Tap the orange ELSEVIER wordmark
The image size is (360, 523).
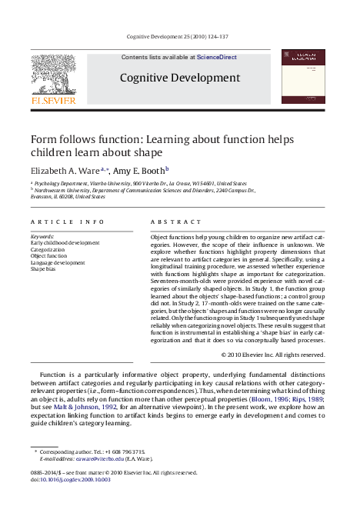(53, 100)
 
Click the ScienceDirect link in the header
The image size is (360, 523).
(217, 57)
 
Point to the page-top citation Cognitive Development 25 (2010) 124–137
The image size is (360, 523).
(177, 36)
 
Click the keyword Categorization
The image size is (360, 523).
(48, 250)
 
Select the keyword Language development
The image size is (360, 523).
(58, 263)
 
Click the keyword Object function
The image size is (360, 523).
(49, 256)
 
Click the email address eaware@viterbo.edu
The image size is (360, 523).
(99, 458)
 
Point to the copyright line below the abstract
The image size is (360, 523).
(273, 355)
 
